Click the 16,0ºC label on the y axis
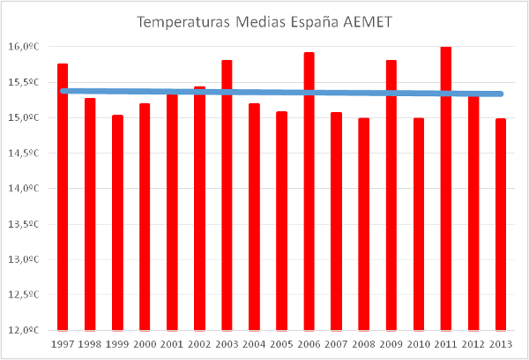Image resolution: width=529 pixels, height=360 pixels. pyautogui.click(x=28, y=47)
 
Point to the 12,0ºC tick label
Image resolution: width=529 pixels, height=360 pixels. pyautogui.click(x=28, y=330)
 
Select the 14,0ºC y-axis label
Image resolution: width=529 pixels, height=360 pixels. pyautogui.click(x=28, y=188)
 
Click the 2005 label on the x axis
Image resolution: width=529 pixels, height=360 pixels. pyautogui.click(x=282, y=343)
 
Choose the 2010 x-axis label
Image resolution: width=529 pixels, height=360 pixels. pyautogui.click(x=419, y=343)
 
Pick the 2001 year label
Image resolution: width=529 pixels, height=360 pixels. pyautogui.click(x=173, y=343)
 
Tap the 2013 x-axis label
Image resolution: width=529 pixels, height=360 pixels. pyautogui.click(x=501, y=343)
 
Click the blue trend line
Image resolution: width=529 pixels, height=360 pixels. pyautogui.click(x=264, y=92)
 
